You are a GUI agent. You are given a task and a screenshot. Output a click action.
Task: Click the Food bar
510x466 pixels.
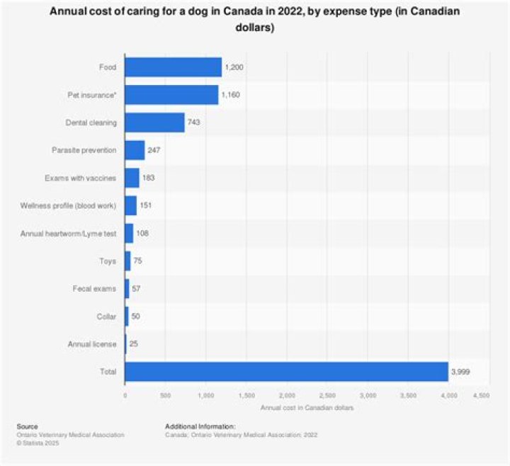click(x=173, y=67)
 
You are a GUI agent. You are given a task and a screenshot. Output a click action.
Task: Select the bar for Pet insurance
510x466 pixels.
click(x=171, y=95)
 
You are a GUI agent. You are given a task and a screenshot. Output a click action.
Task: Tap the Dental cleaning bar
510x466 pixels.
click(x=154, y=123)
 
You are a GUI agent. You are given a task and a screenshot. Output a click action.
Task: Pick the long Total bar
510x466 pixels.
click(x=286, y=371)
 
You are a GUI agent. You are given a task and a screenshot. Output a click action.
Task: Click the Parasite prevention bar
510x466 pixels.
click(x=135, y=150)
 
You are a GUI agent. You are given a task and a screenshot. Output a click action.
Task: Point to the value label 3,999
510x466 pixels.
click(x=461, y=371)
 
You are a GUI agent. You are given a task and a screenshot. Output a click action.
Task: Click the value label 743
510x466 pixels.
click(x=195, y=123)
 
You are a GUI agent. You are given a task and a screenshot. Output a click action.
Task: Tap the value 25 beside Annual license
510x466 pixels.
click(x=134, y=343)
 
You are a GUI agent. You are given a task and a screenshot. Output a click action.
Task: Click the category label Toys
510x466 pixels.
click(x=108, y=261)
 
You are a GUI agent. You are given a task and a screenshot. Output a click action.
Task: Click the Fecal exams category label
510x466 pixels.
click(x=95, y=288)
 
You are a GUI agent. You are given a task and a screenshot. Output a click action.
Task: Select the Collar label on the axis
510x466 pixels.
click(x=106, y=316)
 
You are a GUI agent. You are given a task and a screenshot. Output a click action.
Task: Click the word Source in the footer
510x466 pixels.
click(x=28, y=427)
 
